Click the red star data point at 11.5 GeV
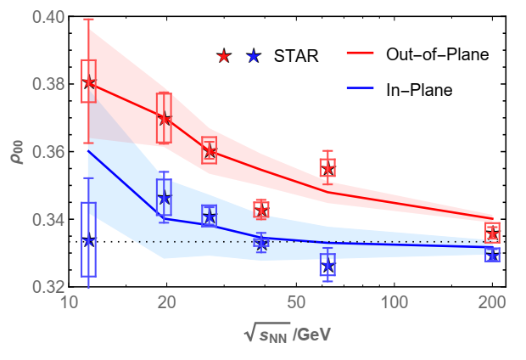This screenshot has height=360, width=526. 88,82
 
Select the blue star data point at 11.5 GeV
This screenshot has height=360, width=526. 88,240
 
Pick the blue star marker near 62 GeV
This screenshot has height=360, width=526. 327,267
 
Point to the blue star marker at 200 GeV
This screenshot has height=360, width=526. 492,255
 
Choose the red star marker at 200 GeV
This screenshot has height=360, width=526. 492,233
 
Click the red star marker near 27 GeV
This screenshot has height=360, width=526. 210,153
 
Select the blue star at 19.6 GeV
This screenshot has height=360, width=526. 165,198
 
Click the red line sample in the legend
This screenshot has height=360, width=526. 364,54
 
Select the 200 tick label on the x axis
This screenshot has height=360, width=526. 492,302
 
